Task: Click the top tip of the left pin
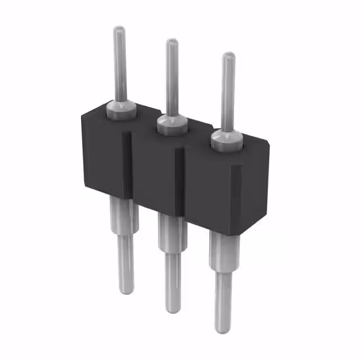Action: coord(119,29)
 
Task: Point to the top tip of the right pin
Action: coord(228,56)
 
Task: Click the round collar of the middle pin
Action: coord(172,124)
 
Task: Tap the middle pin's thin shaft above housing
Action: coord(172,79)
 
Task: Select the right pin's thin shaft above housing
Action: coord(227,93)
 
